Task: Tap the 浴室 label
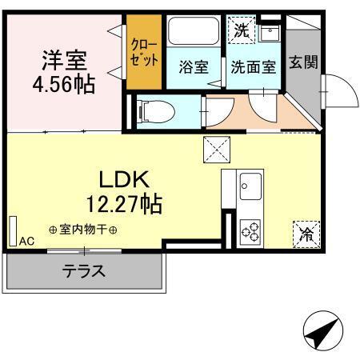[x=193, y=67]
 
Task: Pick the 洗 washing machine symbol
[x=240, y=32]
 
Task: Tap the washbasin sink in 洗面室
[x=269, y=34]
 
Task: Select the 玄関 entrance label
[x=302, y=61]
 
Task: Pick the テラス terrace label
[x=84, y=270]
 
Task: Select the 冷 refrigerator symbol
[x=306, y=234]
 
